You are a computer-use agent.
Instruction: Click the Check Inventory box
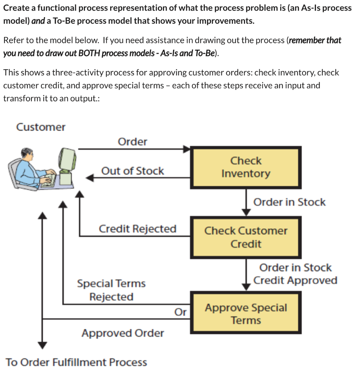coord(246,167)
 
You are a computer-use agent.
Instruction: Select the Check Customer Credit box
coord(246,237)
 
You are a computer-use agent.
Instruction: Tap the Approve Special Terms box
coord(246,313)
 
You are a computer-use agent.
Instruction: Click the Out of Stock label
coord(133,171)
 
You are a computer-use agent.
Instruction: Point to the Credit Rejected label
coord(137,229)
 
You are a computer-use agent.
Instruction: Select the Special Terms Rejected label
coord(111,290)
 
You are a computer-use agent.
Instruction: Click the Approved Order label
coord(123,333)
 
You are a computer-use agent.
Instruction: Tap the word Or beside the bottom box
coord(180,312)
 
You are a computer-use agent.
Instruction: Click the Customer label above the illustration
coord(41,127)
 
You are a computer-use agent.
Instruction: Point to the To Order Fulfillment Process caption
coord(76,363)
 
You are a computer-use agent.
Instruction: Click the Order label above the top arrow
coord(132,142)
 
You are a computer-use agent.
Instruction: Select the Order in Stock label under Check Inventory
coord(289,202)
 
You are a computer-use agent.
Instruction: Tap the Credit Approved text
coord(295,281)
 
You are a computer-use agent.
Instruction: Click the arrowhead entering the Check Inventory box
coord(187,149)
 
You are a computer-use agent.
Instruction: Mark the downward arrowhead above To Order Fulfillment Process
coord(43,345)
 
